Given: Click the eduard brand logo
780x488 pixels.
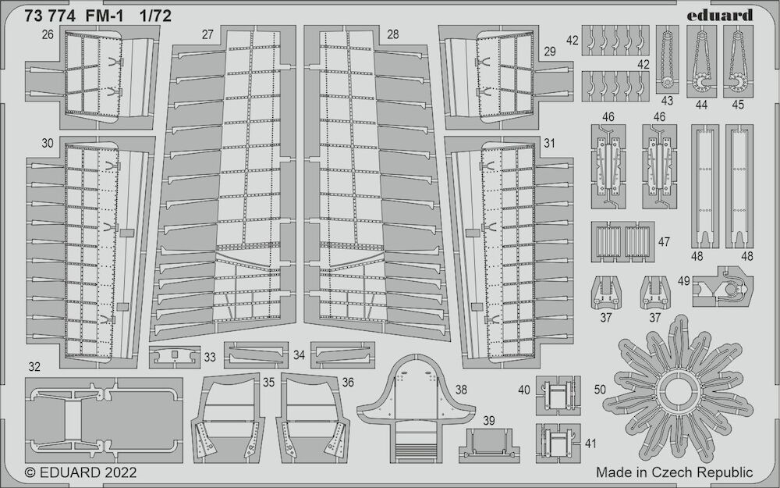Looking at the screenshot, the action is [719, 15].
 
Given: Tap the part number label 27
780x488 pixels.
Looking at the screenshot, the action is [207, 34].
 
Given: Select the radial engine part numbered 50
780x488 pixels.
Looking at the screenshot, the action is [678, 388].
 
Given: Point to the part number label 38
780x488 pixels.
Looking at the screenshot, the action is [461, 390].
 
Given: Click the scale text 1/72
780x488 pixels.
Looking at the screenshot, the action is [155, 16].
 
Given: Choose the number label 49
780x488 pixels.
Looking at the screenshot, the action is [683, 281].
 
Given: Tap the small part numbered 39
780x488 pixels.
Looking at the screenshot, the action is [488, 446].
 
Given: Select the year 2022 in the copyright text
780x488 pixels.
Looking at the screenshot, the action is [119, 472].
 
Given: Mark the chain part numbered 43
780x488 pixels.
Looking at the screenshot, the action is [667, 59].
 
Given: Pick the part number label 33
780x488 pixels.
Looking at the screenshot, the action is [210, 357].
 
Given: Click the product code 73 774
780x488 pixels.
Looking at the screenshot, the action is [50, 16].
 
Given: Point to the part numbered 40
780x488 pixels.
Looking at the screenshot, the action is [558, 395].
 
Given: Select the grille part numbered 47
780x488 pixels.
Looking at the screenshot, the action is [622, 241].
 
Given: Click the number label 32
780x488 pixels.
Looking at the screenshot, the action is [34, 367].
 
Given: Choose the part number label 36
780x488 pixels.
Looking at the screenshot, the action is [348, 382].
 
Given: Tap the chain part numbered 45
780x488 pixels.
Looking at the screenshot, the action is [738, 61].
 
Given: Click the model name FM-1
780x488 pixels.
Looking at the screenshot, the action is [101, 16].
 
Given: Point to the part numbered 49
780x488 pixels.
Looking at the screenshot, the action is [722, 287].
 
